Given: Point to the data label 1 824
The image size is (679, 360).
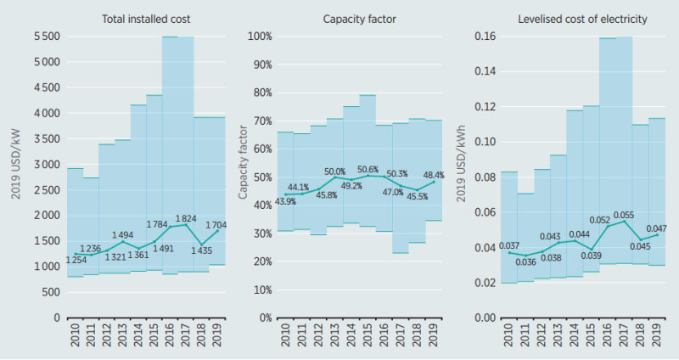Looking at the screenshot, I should [x=188, y=218].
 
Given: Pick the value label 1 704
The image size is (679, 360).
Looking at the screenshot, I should [x=217, y=225].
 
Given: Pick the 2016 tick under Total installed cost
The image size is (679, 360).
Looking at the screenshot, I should [x=170, y=340].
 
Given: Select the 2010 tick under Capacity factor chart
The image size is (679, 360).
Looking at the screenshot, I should [x=285, y=340].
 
